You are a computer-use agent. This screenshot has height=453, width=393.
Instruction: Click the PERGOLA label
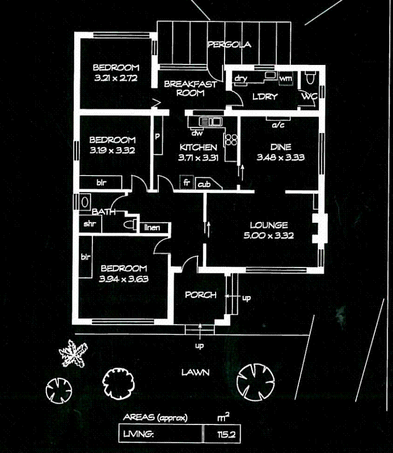pos(229,45)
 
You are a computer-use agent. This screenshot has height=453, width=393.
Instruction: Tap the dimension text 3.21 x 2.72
pos(116,77)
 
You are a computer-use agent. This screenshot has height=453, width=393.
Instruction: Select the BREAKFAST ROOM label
pos(190,88)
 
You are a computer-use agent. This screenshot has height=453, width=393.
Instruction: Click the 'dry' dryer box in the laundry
pos(240,79)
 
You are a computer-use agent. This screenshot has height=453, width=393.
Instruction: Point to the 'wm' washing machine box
pos(285,78)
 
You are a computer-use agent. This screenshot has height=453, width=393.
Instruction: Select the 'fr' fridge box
pos(186,182)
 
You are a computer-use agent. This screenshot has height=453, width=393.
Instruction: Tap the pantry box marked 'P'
pos(158,136)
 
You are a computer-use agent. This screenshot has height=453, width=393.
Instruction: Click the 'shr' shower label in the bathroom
pos(89,224)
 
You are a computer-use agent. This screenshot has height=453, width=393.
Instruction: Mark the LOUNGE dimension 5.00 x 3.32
pos(268,235)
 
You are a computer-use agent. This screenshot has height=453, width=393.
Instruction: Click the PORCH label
pos(200,295)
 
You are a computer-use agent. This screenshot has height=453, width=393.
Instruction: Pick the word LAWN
pos(195,372)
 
